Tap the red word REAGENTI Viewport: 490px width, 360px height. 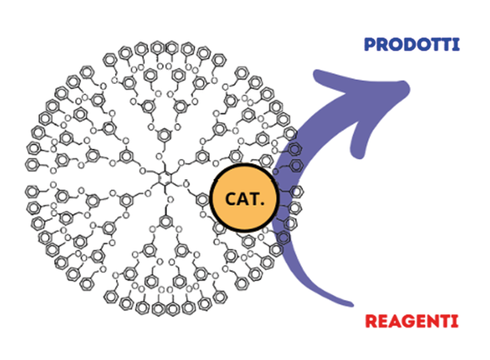(412, 322)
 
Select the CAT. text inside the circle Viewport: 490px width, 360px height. (242, 199)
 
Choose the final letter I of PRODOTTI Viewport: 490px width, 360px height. (456, 44)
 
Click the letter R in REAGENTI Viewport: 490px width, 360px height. (370, 322)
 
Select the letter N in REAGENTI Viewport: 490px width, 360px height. (432, 322)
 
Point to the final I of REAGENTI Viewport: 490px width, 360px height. (455, 322)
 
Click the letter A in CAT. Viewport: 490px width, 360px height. (241, 199)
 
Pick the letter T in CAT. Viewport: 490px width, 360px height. (255, 199)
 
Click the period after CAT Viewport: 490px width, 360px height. (263, 204)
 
